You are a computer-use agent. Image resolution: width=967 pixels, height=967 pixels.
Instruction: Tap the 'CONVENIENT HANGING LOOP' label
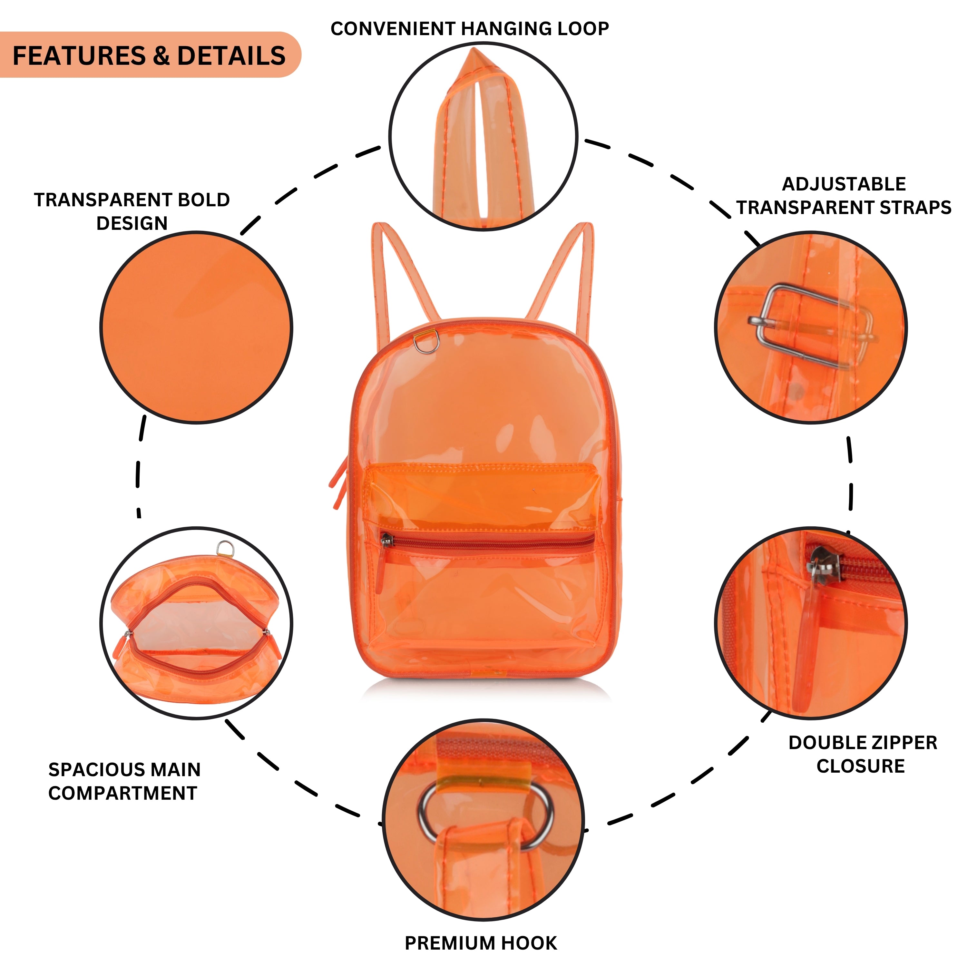[x=470, y=29]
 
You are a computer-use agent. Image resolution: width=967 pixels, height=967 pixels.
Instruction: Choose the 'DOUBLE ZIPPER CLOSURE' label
[x=862, y=754]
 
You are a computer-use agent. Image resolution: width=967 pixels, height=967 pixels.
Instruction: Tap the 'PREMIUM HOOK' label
[x=481, y=943]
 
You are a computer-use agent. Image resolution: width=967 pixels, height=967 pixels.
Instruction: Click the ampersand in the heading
[x=161, y=55]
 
